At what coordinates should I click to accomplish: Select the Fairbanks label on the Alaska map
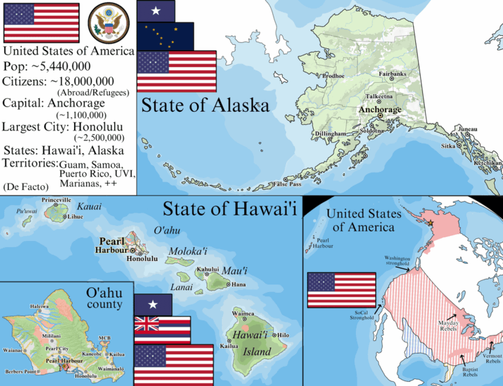392,74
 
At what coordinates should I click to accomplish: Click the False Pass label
287,184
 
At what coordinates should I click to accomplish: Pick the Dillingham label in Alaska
330,133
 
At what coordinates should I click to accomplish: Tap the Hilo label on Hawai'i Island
283,335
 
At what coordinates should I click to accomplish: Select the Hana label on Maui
238,284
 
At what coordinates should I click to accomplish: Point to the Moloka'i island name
185,253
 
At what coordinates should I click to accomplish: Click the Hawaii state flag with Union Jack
162,329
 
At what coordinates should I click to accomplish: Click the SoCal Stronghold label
360,315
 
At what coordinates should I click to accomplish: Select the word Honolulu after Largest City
106,126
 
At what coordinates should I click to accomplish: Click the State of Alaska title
205,106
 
